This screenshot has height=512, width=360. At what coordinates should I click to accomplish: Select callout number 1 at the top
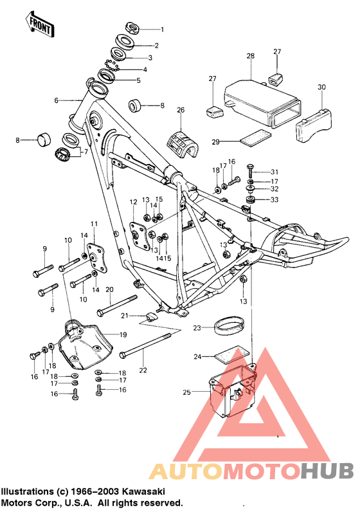pos(162,30)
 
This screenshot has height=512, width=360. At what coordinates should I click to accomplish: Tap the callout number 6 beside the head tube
pos(56,100)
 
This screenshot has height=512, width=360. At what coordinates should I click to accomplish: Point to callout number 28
pos(251,57)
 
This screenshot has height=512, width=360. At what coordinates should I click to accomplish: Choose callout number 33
pos(274,200)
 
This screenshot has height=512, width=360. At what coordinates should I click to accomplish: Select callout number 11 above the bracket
pos(93,224)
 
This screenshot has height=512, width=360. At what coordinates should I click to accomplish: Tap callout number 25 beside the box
pos(187,392)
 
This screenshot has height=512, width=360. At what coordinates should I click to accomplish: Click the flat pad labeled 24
pos(231,353)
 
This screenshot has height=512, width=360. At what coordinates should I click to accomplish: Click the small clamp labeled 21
pos(153,316)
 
